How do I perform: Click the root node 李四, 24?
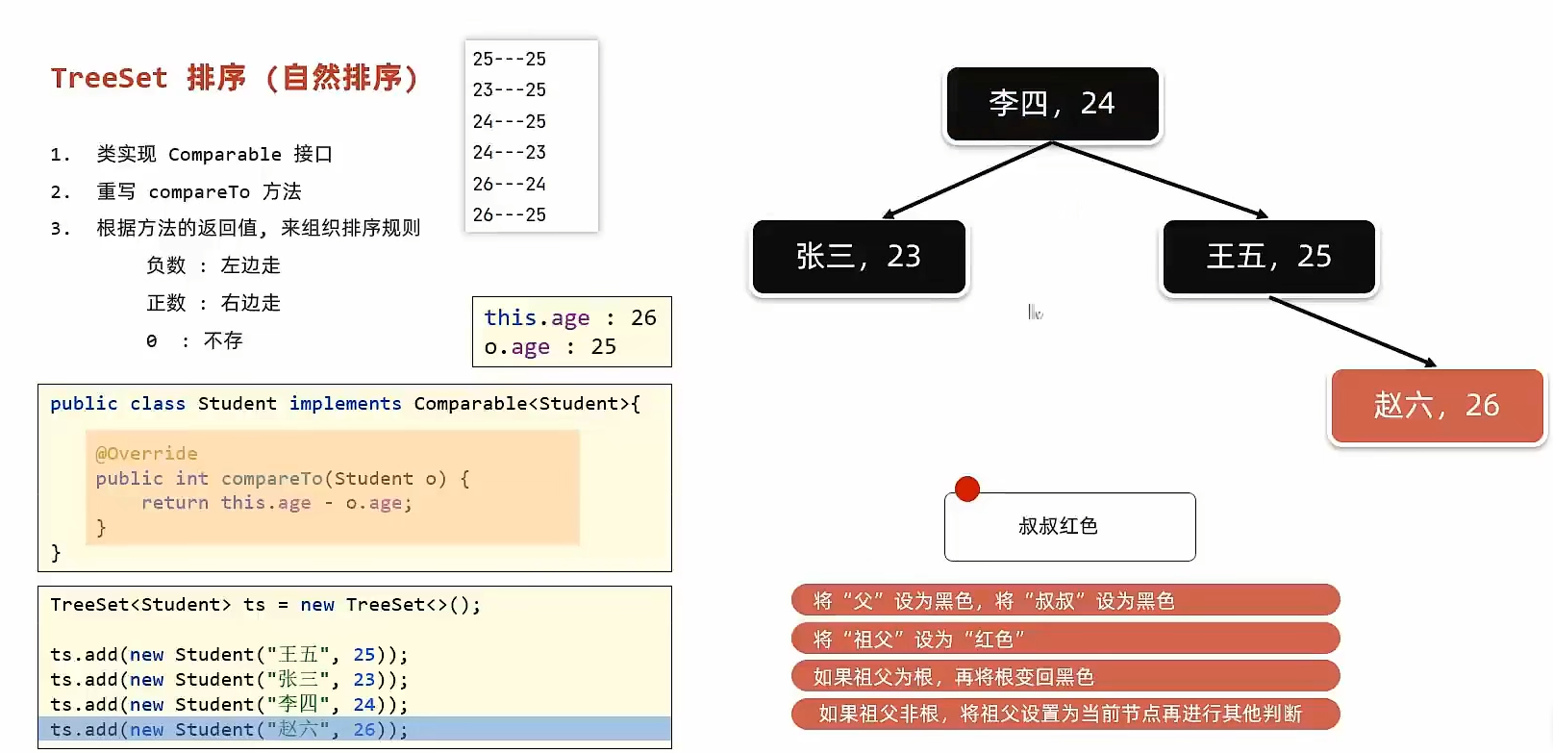coord(1052,104)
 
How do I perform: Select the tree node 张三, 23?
coord(859,257)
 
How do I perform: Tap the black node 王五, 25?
coord(1268,257)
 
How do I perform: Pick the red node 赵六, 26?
coord(1437,406)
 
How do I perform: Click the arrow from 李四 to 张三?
coord(966,180)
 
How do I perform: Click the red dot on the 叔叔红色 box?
coord(967,489)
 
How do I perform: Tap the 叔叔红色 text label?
coord(1058,526)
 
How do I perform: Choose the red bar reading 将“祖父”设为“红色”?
coord(1065,639)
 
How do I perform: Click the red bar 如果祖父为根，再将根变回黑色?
coord(1065,676)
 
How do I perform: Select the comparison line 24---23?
coord(509,152)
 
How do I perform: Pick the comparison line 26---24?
coord(509,184)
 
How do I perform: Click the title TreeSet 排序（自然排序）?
coord(235,78)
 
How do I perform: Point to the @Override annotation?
coord(146,453)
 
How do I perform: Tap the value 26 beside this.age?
coord(643,317)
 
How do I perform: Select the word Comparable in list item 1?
coord(224,155)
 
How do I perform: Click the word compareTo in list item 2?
coord(198,192)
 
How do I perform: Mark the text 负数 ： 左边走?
coord(213,265)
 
